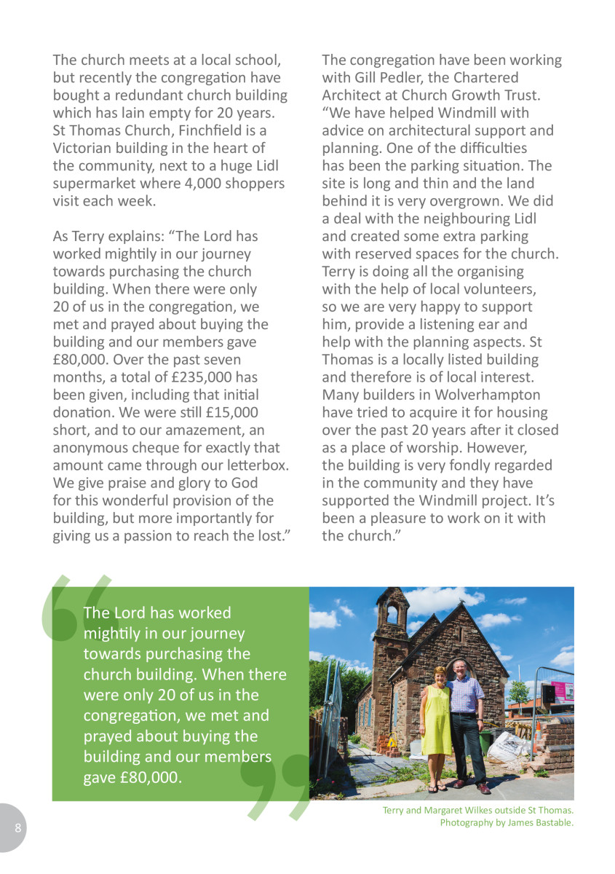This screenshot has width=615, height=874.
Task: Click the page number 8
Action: coord(18,828)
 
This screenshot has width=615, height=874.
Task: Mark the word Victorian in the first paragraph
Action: coord(84,149)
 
